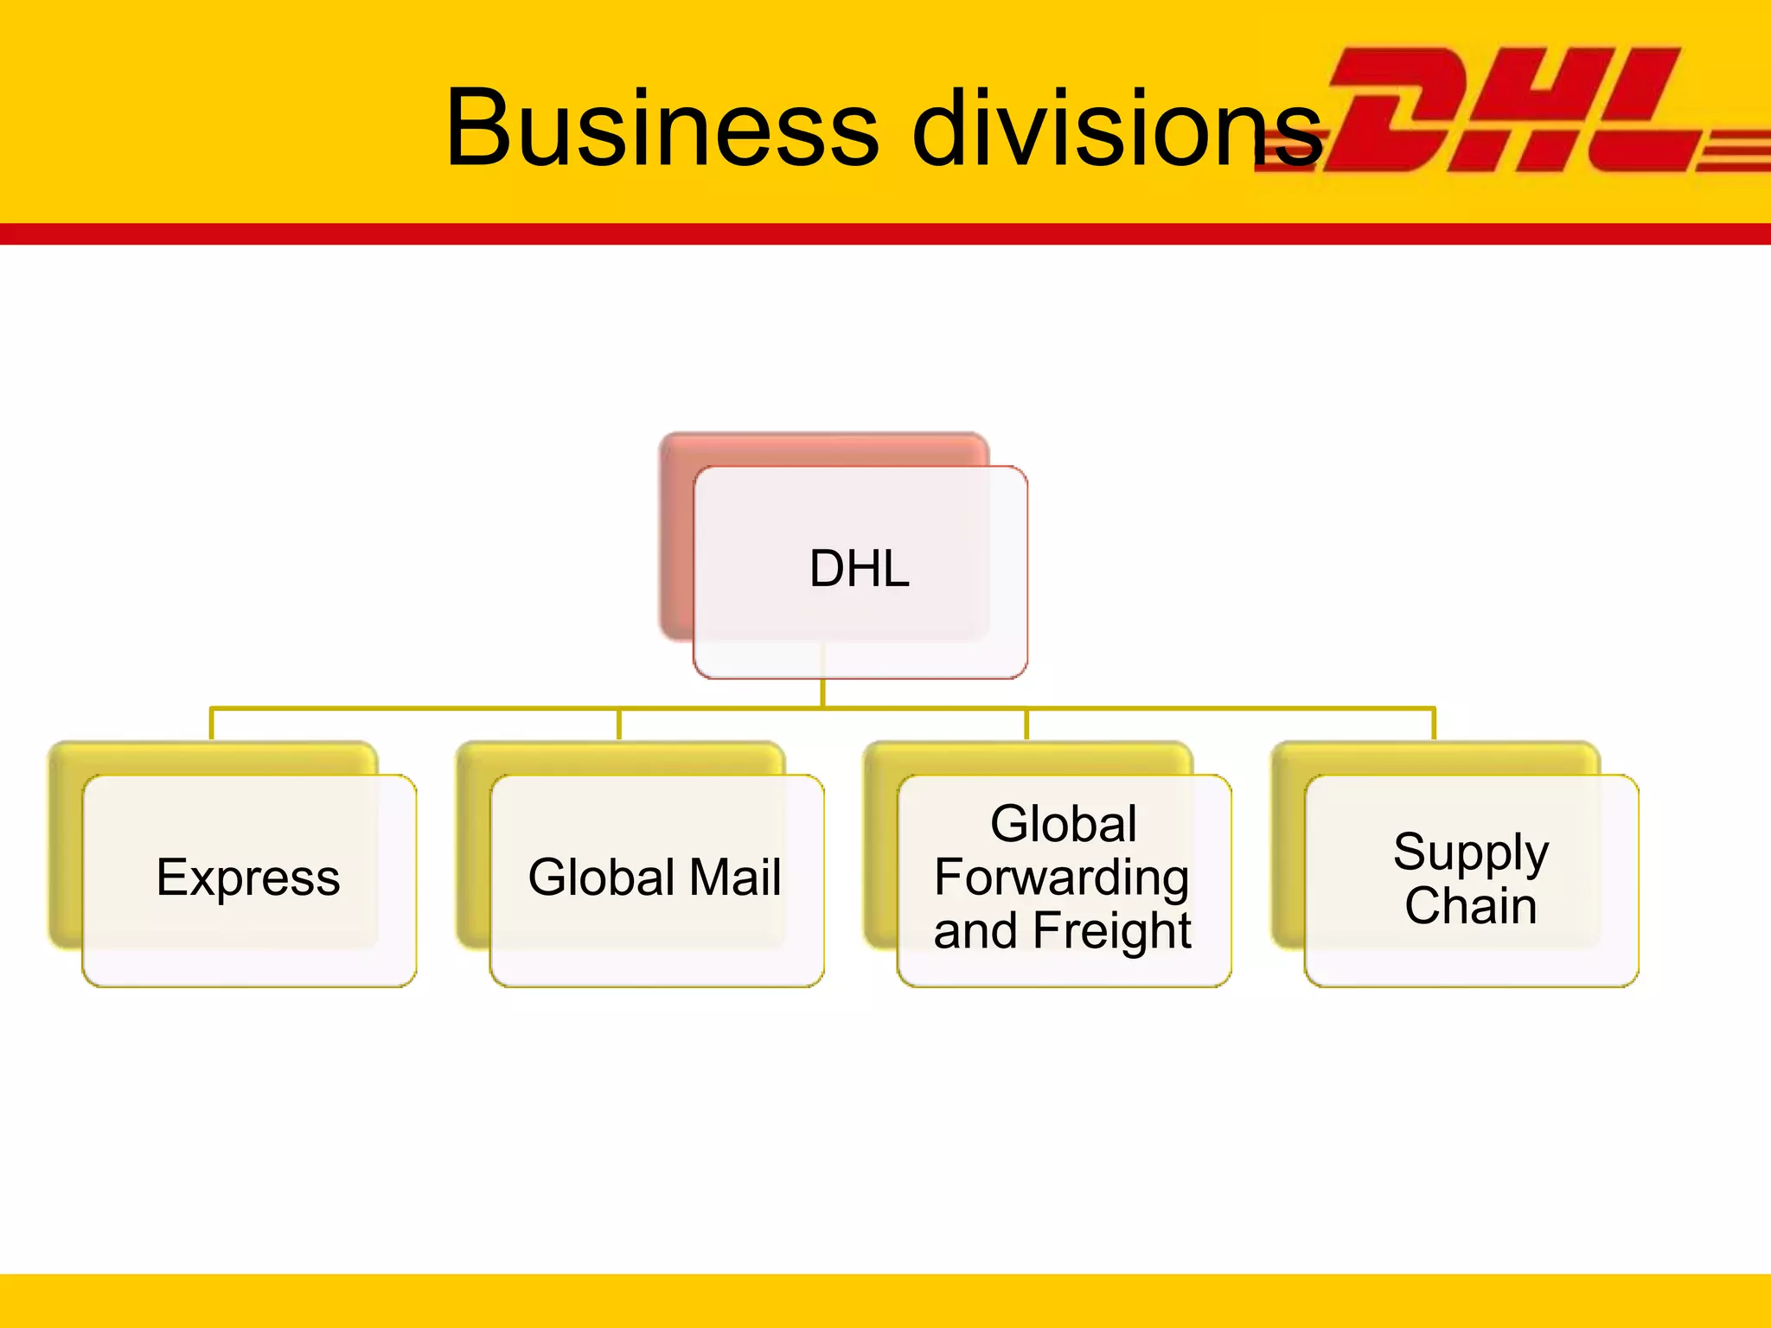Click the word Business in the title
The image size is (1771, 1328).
[662, 128]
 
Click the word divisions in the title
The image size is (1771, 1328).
[1116, 128]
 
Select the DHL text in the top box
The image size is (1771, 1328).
[860, 569]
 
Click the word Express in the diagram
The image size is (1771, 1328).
[248, 878]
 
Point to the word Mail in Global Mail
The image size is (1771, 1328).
[735, 878]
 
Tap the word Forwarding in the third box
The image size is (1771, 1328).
[1062, 878]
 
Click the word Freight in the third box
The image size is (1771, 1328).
[1112, 931]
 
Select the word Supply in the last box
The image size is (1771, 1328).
[1471, 852]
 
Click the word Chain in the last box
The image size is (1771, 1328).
[1471, 906]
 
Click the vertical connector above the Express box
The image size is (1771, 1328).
[212, 725]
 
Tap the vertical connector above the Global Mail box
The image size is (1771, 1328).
[619, 725]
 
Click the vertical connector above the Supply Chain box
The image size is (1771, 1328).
[1434, 725]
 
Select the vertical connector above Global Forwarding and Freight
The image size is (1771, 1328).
[1026, 725]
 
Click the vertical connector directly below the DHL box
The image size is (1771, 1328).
[822, 692]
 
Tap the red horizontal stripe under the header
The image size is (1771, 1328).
[885, 233]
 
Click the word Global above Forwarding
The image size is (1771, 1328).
[1064, 823]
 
